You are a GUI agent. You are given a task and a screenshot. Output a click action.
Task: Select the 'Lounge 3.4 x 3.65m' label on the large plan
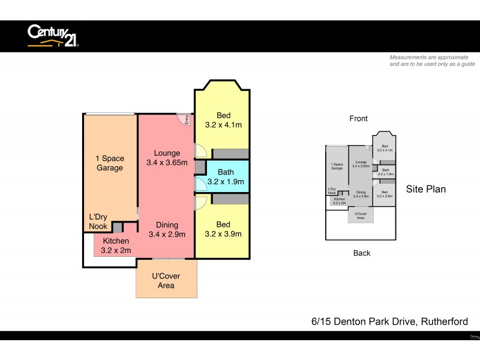pyautogui.click(x=167, y=158)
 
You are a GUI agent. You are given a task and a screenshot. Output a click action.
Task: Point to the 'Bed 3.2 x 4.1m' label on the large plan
pyautogui.click(x=223, y=121)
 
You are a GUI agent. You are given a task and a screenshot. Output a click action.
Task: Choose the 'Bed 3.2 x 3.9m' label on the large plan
pyautogui.click(x=223, y=229)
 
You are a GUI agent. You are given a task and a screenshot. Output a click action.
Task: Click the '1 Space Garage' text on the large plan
pyautogui.click(x=110, y=163)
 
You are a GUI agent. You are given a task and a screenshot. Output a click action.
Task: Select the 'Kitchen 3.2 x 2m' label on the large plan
pyautogui.click(x=115, y=246)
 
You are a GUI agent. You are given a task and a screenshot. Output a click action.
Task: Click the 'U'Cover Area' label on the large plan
pyautogui.click(x=166, y=281)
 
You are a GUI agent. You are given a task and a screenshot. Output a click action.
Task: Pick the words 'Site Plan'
pyautogui.click(x=426, y=189)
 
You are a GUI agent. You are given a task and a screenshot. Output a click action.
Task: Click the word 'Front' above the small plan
pyautogui.click(x=358, y=119)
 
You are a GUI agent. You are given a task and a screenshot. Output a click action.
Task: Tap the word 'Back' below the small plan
pyautogui.click(x=362, y=253)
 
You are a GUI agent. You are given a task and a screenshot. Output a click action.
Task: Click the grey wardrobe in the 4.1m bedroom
pyautogui.click(x=230, y=154)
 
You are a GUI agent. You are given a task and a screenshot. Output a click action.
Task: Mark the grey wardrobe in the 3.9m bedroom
pyautogui.click(x=230, y=199)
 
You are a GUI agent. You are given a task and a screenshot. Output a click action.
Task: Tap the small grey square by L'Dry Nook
pyautogui.click(x=118, y=227)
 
